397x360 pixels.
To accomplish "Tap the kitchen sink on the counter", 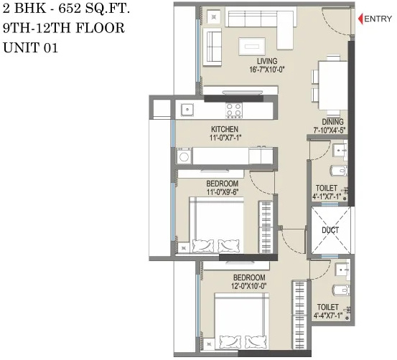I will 187,110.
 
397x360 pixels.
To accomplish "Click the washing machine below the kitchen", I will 184,156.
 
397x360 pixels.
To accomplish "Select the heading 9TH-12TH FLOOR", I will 64,29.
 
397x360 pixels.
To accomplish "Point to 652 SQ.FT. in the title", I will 89,11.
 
